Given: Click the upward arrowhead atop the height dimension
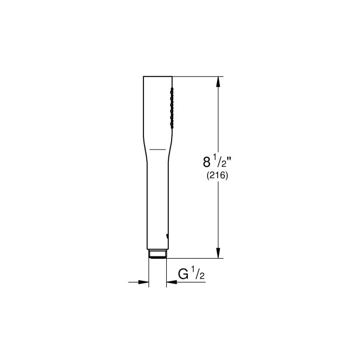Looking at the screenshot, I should point(219,81).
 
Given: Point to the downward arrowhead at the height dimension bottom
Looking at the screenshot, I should point(219,253).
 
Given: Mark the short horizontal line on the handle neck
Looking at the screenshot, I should point(158,149).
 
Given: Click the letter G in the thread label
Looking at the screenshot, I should point(182,274).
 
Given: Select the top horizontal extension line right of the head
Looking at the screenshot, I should point(199,76).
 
